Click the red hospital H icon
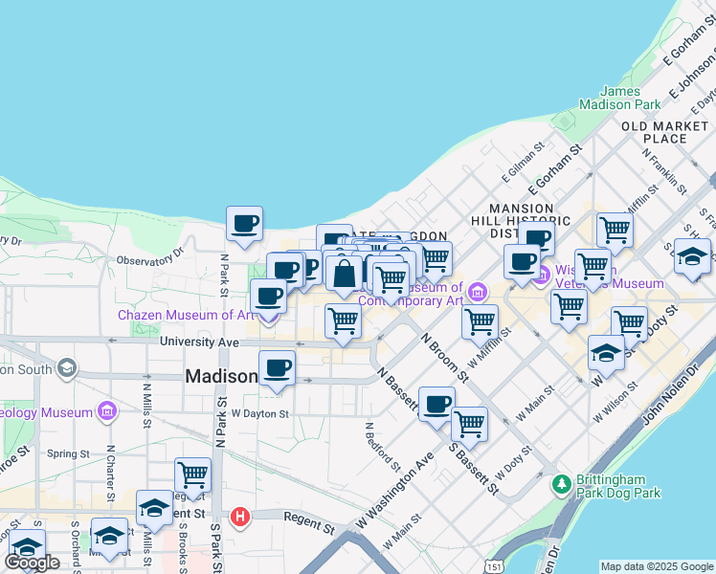coord(240,517)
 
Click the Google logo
coord(32,563)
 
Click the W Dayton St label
coord(259,414)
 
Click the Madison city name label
coord(220,377)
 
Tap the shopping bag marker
coord(344,274)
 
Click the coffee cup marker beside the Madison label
coord(278,369)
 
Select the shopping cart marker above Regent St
coord(192,475)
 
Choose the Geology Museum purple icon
coord(106,412)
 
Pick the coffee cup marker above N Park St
coord(245,225)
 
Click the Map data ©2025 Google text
coord(657,566)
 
